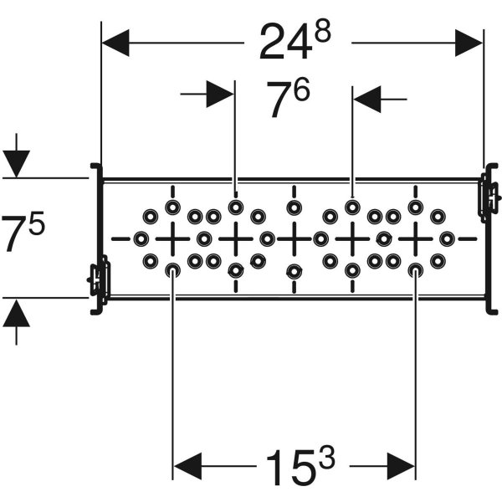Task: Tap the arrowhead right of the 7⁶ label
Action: coord(366,100)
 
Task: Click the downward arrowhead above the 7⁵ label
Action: coord(17,162)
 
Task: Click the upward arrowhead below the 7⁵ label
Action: coord(17,314)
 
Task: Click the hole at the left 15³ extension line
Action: coord(172,270)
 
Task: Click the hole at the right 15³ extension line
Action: coord(415,270)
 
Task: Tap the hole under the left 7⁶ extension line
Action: coord(236,206)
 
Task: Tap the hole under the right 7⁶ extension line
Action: coord(352,206)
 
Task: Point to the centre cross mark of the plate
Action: coord(294,238)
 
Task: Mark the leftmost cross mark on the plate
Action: coord(172,238)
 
